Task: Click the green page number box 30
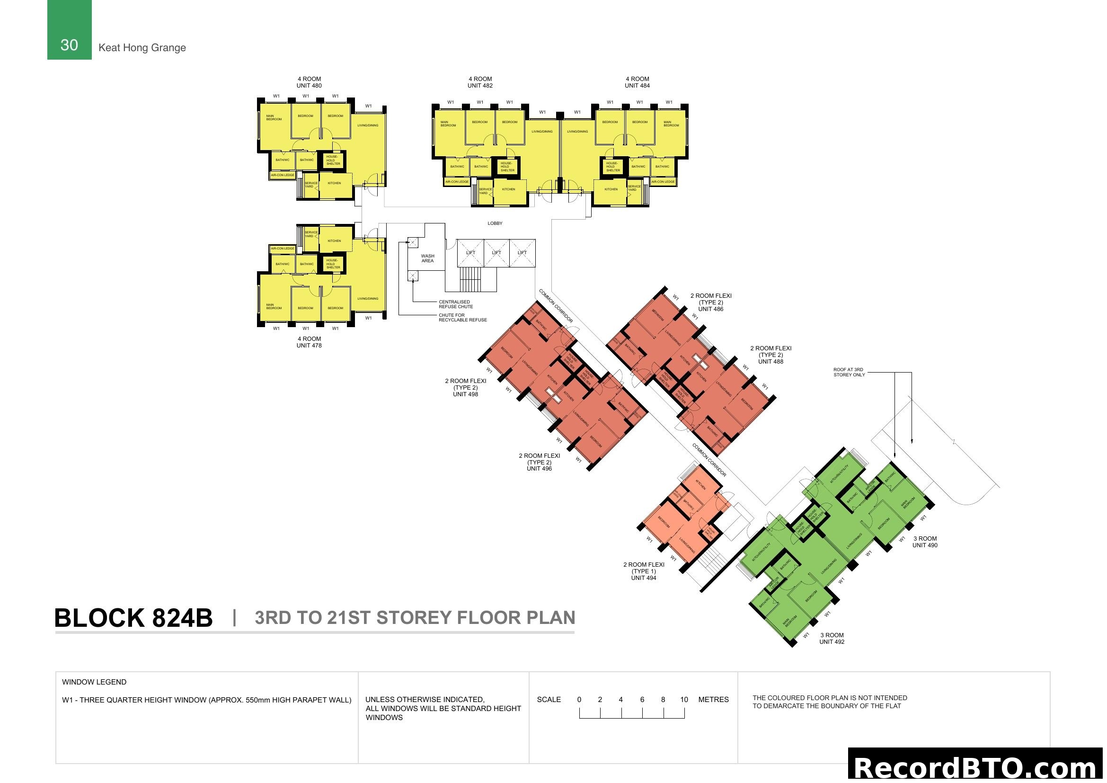click(69, 30)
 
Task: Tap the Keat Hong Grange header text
click(142, 47)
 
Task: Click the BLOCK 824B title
click(133, 618)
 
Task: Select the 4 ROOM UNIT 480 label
click(309, 82)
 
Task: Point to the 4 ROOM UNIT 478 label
click(309, 342)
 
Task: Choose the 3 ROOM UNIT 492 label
click(832, 638)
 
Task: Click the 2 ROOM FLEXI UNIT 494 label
click(644, 571)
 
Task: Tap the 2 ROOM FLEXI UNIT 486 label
click(711, 303)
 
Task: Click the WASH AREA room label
click(427, 258)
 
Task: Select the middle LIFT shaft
click(496, 253)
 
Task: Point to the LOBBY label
click(495, 223)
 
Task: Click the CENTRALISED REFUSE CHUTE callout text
click(456, 304)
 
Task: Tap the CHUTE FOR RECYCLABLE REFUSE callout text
click(462, 318)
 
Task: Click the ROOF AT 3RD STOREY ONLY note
click(849, 372)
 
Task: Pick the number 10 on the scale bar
click(684, 700)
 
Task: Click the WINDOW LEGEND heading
click(94, 682)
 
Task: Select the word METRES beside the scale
click(713, 700)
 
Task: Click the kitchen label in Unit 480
click(334, 183)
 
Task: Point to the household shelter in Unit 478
click(333, 264)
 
